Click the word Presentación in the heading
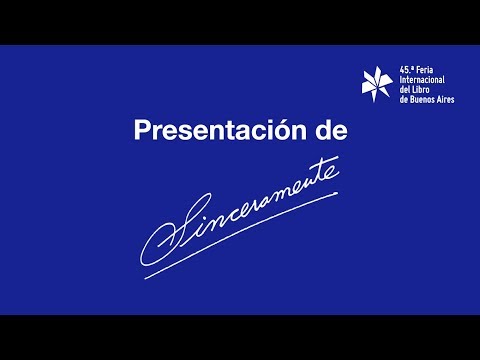click(220, 130)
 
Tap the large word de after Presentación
click(331, 130)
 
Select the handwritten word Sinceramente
click(240, 211)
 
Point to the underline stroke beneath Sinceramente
click(241, 235)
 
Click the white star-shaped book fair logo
click(377, 84)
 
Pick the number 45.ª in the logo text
click(407, 70)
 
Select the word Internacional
click(422, 80)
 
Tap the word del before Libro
click(405, 89)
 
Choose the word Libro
click(421, 89)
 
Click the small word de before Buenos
click(404, 99)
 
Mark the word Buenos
click(423, 99)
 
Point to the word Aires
click(446, 99)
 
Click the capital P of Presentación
click(142, 130)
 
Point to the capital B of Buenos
click(413, 99)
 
